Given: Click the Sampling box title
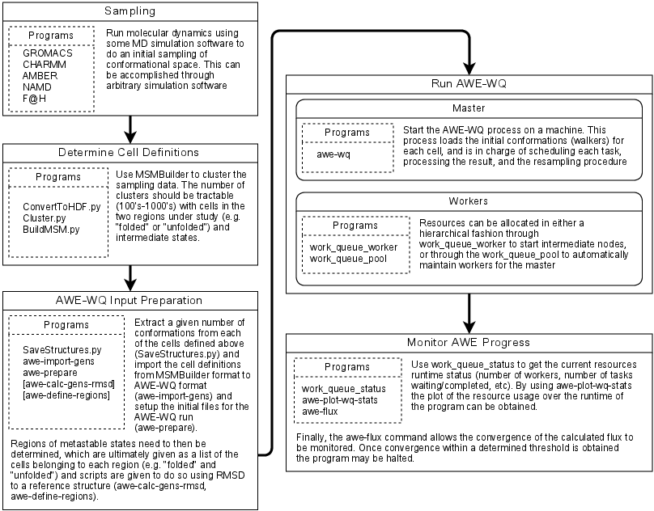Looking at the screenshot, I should [130, 11].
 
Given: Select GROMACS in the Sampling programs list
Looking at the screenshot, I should [49, 53].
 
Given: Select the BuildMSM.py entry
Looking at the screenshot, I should [49, 229].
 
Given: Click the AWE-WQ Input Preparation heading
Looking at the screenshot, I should [130, 302].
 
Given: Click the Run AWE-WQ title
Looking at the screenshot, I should [470, 83].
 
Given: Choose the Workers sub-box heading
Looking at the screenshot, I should [470, 200].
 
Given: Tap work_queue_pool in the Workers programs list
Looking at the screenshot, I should [348, 258].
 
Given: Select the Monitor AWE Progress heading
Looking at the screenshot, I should [470, 343].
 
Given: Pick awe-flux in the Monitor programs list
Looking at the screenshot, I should [321, 410].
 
